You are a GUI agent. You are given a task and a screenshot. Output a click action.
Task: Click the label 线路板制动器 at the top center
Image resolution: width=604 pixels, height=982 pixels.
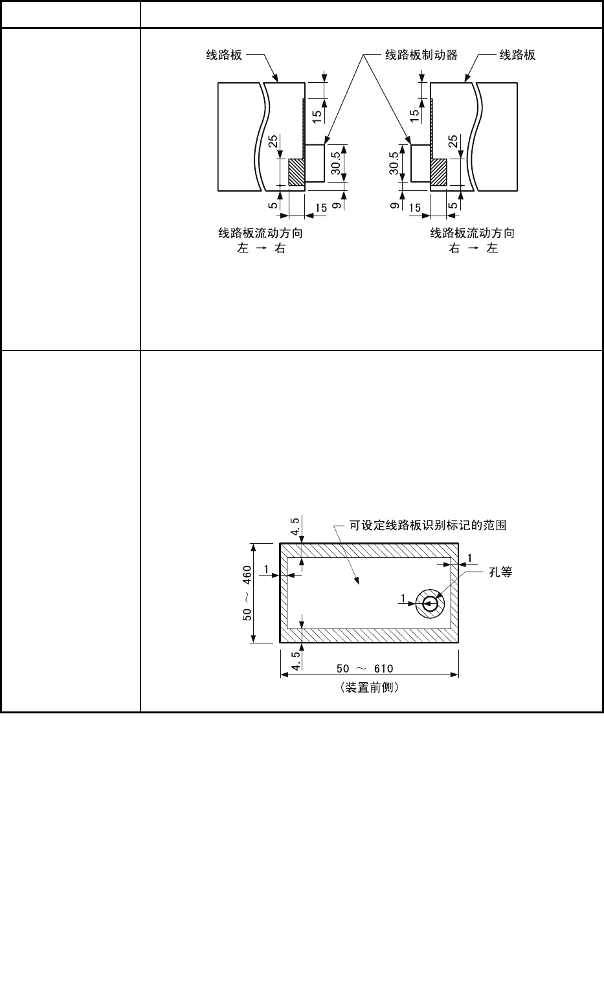coord(421,56)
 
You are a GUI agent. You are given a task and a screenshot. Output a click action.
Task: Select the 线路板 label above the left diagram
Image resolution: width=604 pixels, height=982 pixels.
coord(224,56)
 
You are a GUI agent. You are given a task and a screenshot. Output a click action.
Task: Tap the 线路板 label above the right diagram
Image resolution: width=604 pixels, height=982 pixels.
coord(517,56)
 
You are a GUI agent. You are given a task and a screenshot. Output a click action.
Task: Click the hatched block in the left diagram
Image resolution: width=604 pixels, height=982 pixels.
coord(296,173)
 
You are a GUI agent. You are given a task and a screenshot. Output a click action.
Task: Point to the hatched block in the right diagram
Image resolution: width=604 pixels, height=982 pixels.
coord(438,173)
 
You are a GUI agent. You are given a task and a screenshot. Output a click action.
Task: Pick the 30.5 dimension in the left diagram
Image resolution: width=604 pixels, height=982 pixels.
coord(335,163)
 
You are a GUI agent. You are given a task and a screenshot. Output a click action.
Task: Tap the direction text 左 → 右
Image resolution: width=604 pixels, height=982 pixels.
coord(261,249)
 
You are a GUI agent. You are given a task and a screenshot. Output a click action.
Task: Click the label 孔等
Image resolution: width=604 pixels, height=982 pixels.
coord(500,572)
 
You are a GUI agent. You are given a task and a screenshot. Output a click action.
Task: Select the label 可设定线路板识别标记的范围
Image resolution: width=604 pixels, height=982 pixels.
coord(428,526)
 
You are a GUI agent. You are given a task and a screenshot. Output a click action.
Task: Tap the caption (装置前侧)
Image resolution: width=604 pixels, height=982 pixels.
coord(369,687)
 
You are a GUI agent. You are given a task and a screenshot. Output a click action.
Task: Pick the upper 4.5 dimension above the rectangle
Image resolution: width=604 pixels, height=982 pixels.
coord(295,526)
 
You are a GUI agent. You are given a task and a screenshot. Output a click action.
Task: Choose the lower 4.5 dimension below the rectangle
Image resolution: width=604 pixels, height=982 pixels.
coord(295,661)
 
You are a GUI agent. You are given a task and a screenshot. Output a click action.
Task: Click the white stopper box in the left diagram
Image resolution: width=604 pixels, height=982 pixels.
coord(315,163)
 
